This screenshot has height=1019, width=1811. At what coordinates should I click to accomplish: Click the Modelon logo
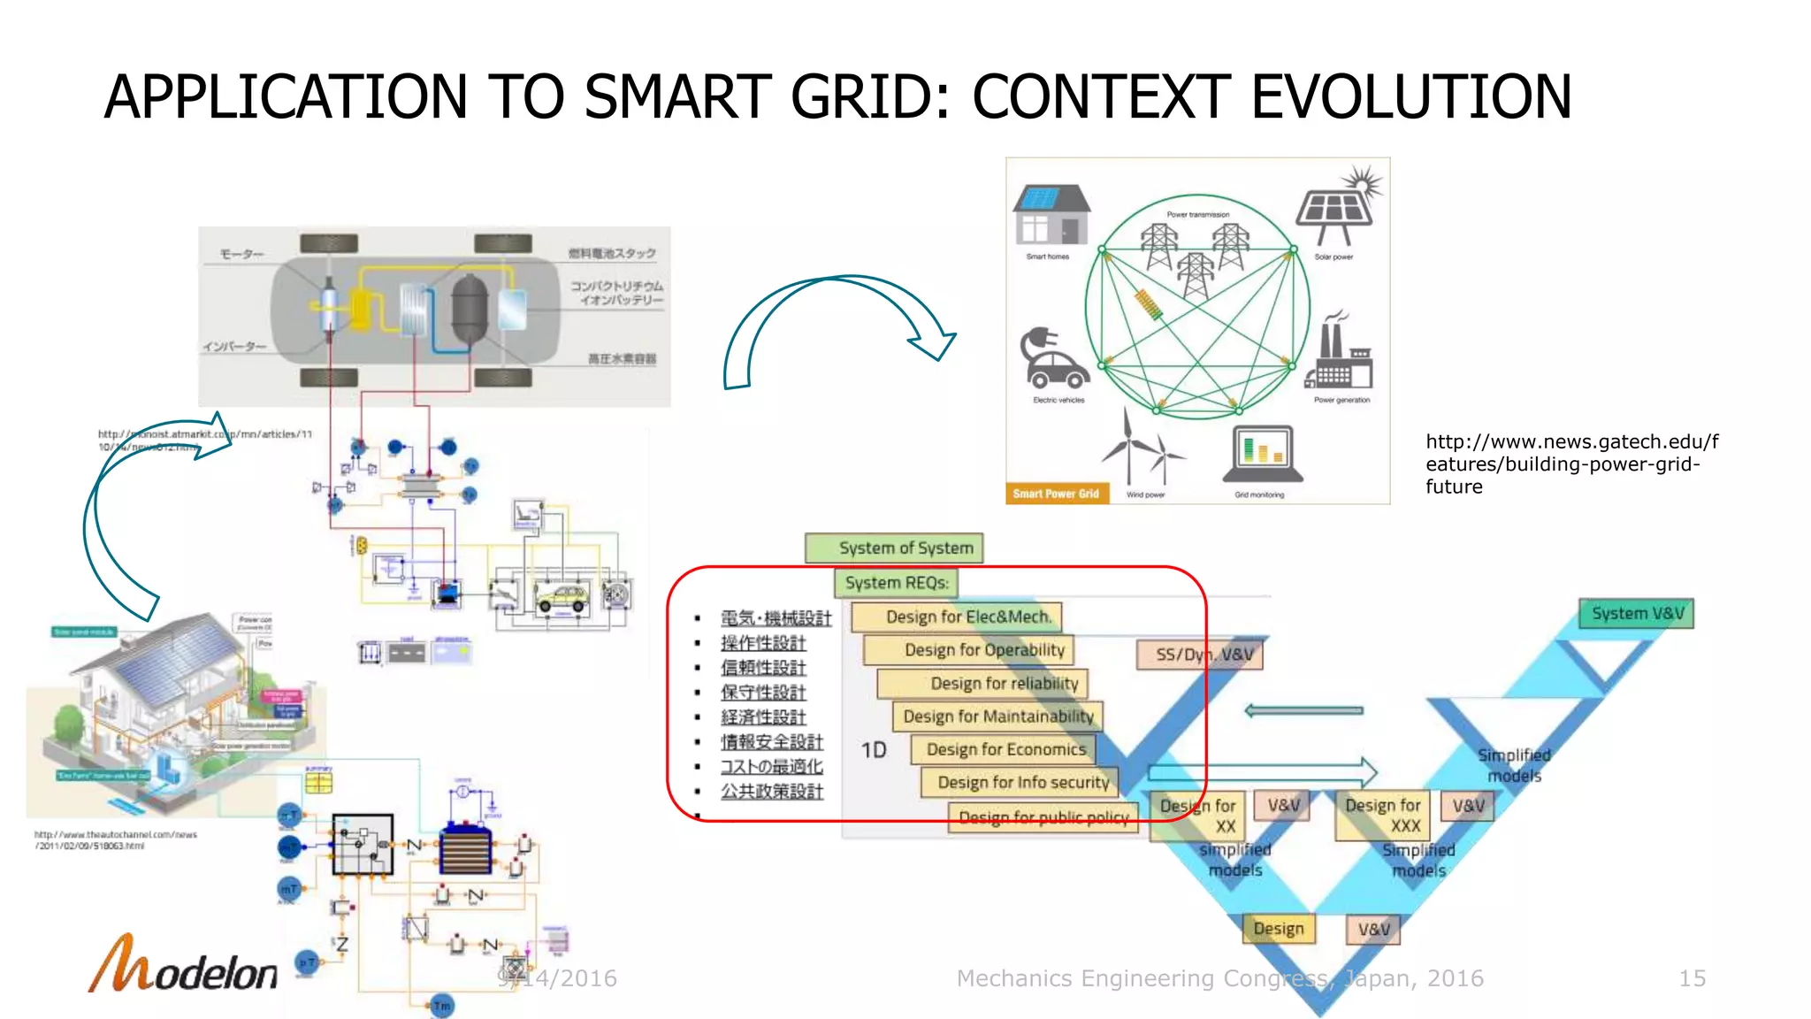[x=183, y=966]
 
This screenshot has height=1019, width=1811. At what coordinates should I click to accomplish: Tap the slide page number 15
[x=1692, y=978]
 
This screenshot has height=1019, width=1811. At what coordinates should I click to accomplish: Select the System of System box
[x=894, y=548]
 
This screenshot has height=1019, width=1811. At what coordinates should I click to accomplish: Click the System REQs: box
[x=896, y=583]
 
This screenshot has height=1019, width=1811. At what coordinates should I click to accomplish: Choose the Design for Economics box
[x=1005, y=750]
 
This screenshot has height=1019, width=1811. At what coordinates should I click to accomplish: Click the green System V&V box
[x=1636, y=614]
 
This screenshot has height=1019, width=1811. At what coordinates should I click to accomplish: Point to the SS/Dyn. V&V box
[x=1200, y=655]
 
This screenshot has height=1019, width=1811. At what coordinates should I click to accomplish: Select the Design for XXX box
[x=1383, y=816]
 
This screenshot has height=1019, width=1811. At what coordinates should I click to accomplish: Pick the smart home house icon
[x=1051, y=215]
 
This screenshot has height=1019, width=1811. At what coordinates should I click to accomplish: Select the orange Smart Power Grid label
[x=1056, y=494]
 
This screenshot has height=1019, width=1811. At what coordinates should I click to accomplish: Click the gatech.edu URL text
[x=1570, y=464]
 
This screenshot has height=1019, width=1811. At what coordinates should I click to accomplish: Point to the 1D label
[x=874, y=751]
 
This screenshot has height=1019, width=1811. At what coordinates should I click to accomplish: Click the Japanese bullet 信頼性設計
[x=762, y=668]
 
